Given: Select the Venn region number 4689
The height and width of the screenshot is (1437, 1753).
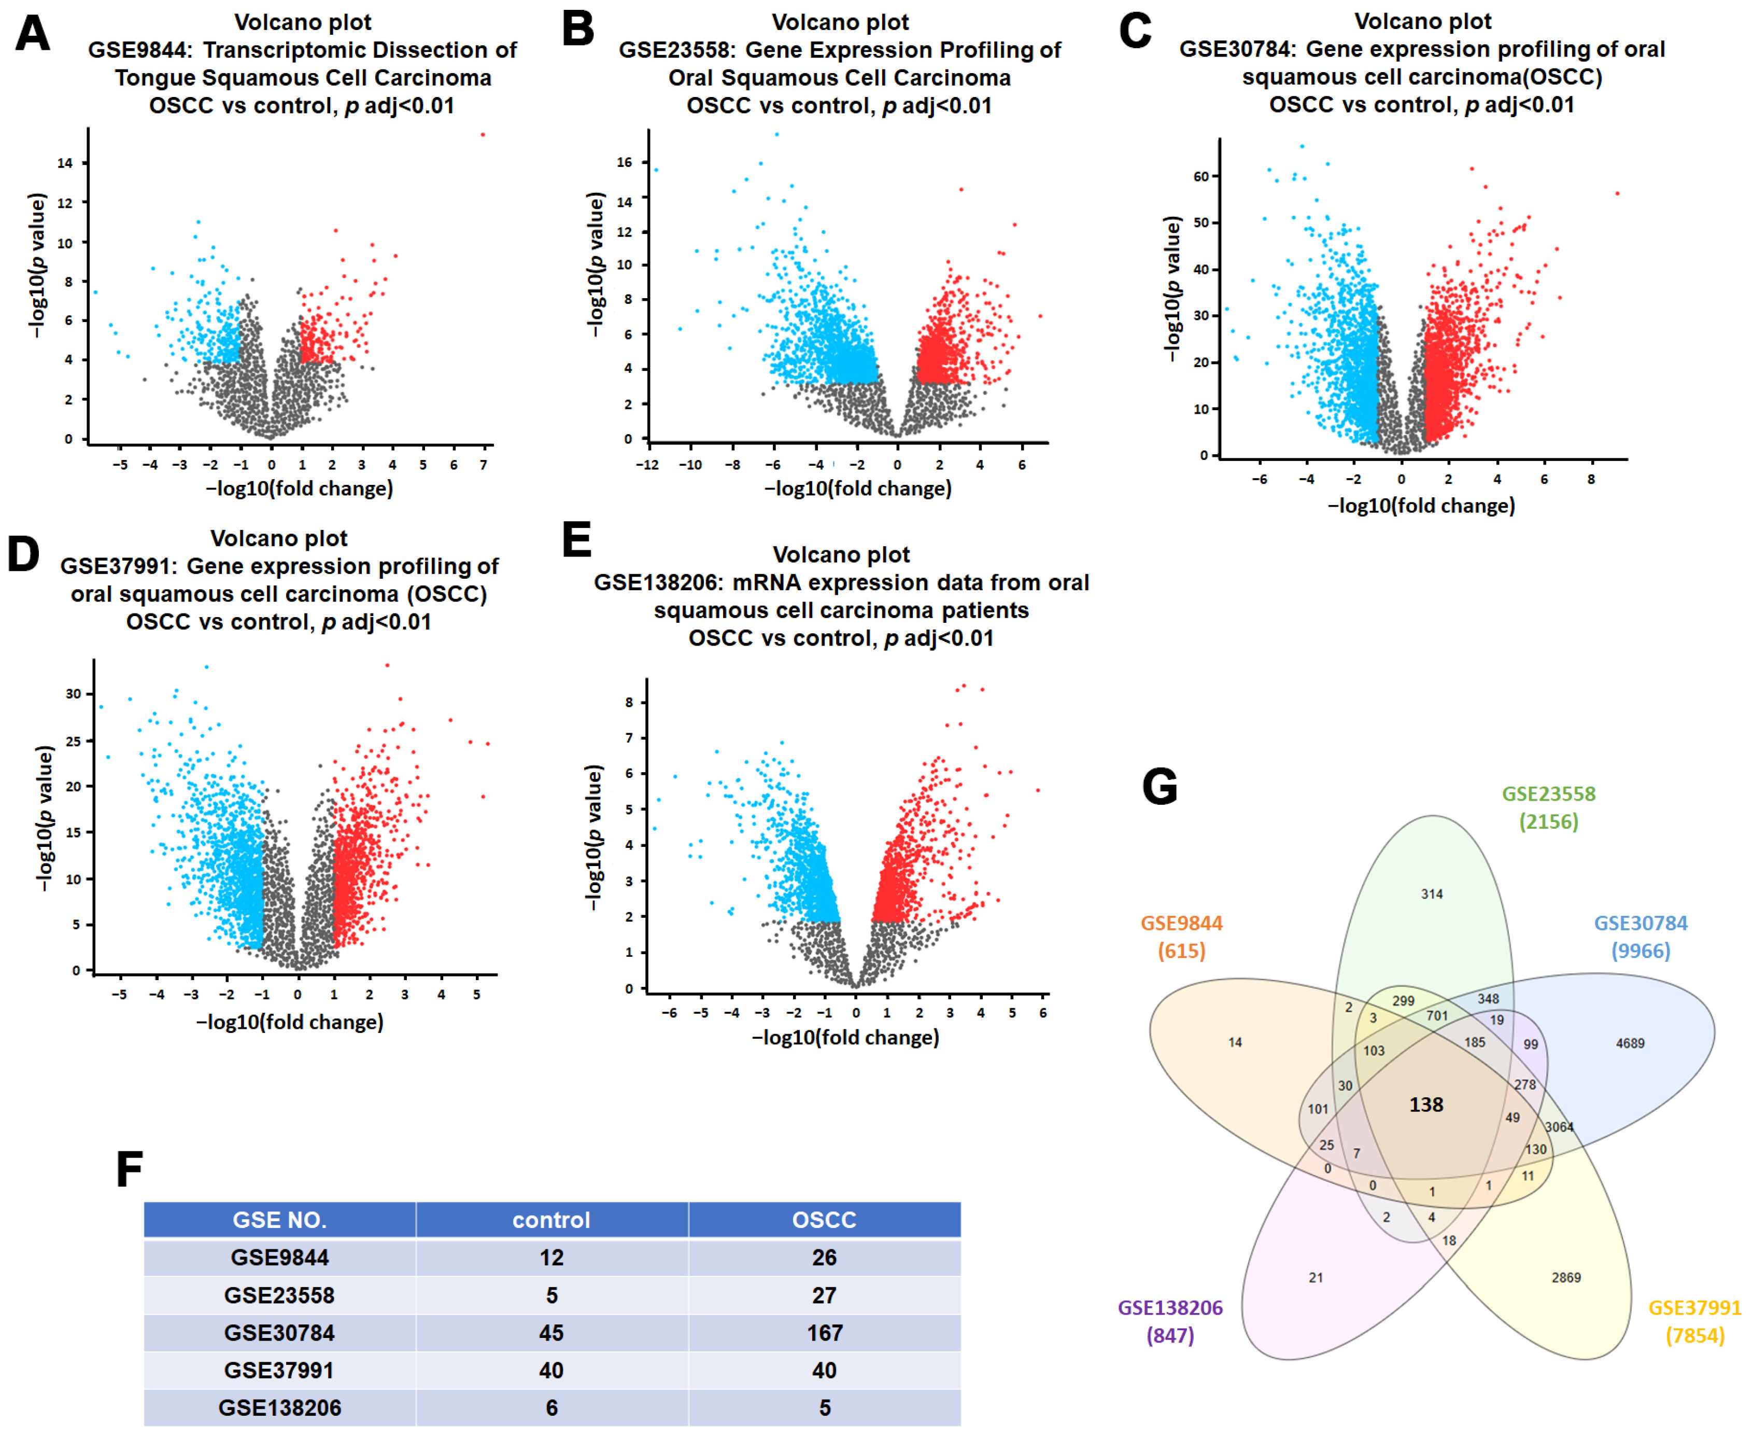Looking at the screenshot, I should [1630, 1043].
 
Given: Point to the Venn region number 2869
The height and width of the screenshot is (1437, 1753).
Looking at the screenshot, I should [1566, 1277].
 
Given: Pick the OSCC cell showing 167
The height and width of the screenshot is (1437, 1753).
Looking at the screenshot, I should [824, 1333].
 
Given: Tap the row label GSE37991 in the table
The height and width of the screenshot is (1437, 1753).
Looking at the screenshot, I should [279, 1370].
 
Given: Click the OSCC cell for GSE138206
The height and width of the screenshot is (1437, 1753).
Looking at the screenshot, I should [824, 1407].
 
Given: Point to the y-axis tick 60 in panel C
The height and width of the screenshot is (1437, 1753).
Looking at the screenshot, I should [1200, 176].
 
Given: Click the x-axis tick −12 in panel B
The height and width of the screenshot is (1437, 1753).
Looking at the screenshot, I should [647, 465].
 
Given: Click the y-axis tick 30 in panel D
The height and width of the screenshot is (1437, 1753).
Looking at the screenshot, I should [74, 694].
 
